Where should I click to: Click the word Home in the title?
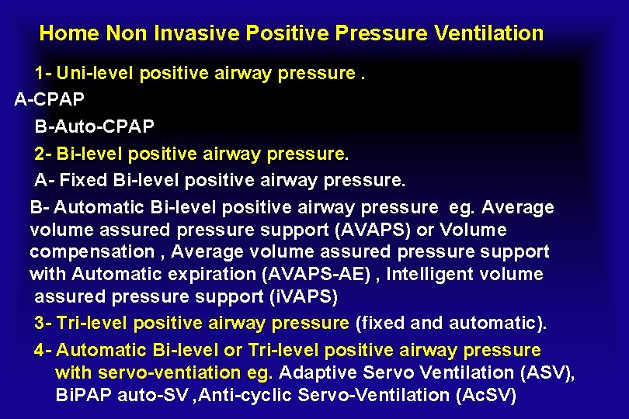[x=69, y=33]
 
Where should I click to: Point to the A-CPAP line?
[x=50, y=100]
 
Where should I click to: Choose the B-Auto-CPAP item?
[x=95, y=126]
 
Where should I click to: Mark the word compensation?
[x=92, y=252]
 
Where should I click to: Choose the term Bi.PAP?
[x=84, y=395]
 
